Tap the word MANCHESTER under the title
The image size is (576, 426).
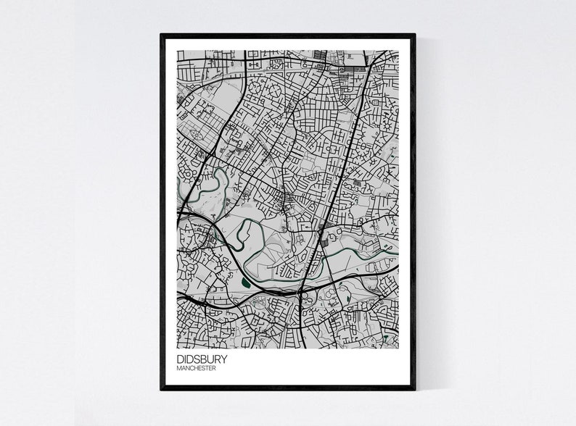196,368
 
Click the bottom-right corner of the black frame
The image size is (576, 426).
414,389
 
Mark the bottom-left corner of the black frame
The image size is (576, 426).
162,389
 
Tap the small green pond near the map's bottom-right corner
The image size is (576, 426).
387,336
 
